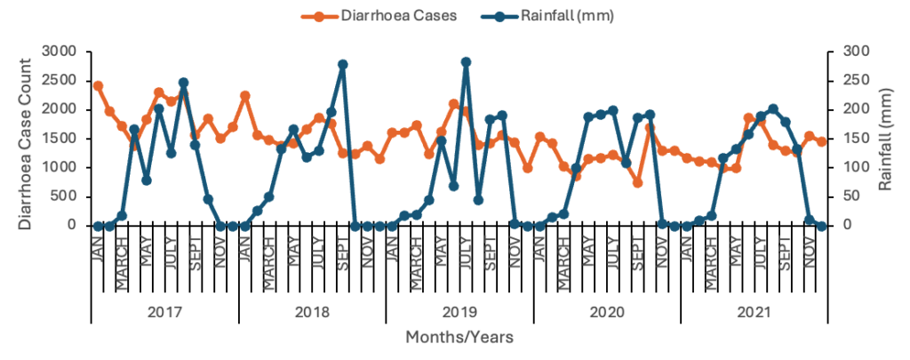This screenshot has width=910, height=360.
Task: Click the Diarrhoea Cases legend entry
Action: [363, 16]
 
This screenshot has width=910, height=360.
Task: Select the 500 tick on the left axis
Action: [71, 196]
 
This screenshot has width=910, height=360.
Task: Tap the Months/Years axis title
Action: [459, 338]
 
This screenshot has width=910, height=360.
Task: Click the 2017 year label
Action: [164, 313]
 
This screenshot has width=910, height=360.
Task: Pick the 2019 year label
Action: [459, 313]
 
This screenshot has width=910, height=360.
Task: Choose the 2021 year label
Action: [754, 313]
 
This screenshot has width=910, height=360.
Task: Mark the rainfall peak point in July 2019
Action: [466, 62]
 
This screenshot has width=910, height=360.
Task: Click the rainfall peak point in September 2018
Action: [343, 65]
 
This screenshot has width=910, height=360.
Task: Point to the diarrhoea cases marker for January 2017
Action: [98, 86]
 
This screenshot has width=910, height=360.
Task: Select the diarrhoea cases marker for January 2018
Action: [245, 96]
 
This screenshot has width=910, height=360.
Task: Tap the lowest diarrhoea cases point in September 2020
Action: [637, 182]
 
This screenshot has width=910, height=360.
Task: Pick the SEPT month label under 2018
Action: [343, 257]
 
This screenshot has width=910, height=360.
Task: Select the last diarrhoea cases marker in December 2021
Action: [822, 141]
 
